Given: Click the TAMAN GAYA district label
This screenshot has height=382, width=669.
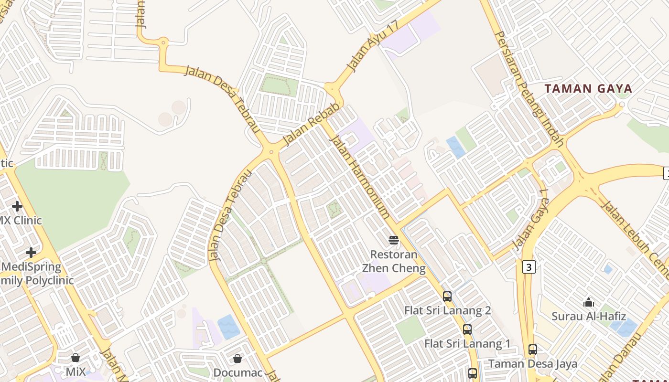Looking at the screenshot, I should coord(588,88).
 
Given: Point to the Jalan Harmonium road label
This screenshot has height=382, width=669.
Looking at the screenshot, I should coord(358,176).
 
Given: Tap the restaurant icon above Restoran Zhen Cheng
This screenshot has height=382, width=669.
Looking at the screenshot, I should coord(394,240).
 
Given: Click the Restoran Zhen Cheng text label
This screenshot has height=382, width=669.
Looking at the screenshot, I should coord(394,261).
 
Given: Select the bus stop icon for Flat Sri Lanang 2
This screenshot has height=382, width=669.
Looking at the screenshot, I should coord(447,297).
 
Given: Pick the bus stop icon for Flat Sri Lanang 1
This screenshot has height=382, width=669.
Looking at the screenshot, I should coord(467,329).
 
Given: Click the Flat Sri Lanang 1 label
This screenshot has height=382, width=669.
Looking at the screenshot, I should coord(467,344).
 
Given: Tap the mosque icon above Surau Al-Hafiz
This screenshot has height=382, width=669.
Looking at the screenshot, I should coord(589,302).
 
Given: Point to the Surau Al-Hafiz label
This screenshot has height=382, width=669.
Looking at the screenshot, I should coord(589,316).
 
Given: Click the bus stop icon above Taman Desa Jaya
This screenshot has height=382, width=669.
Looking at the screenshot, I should coord(533,350).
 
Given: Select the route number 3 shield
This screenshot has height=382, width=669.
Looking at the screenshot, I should coord(529,267).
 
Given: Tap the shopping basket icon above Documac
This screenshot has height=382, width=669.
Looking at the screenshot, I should coord(237,359).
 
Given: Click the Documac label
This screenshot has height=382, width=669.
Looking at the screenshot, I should coord(238,372).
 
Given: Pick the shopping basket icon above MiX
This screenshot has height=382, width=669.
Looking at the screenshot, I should coord(76,358).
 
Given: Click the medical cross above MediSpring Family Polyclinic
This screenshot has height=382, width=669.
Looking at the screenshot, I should coord(31,252).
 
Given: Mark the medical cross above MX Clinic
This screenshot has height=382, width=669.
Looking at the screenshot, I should coord(17,206).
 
